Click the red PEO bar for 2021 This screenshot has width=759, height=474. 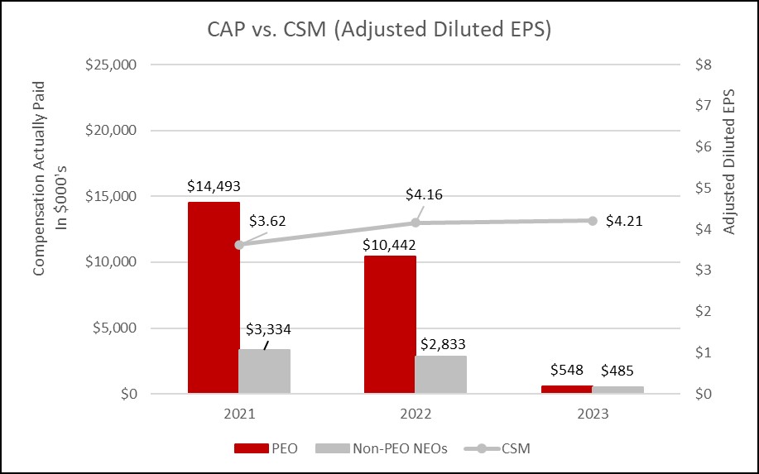coord(214,298)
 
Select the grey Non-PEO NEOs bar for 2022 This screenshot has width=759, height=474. coord(440,375)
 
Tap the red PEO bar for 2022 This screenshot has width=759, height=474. coord(390,324)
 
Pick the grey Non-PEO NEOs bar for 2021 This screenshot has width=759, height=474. coord(264,371)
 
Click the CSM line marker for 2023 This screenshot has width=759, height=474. coord(593,220)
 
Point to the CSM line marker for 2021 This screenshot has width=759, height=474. coord(239,245)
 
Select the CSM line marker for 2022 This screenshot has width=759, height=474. coord(416,223)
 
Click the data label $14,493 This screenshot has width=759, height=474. coord(214,186)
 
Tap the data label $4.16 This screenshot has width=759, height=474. coord(424,194)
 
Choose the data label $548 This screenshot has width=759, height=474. coord(567,370)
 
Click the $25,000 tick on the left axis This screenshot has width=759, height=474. coord(112,65)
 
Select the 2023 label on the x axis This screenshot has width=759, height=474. coord(592,414)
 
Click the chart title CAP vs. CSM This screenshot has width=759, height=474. coord(379,30)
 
